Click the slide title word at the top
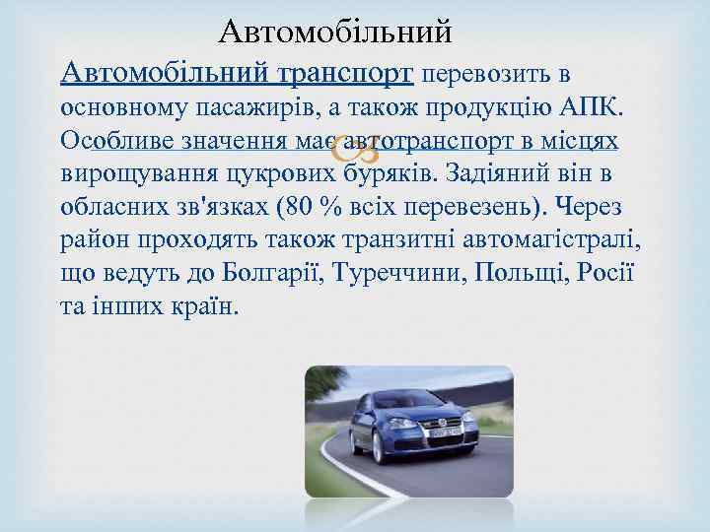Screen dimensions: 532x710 tap(335, 32)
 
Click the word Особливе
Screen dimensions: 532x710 tap(118, 140)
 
